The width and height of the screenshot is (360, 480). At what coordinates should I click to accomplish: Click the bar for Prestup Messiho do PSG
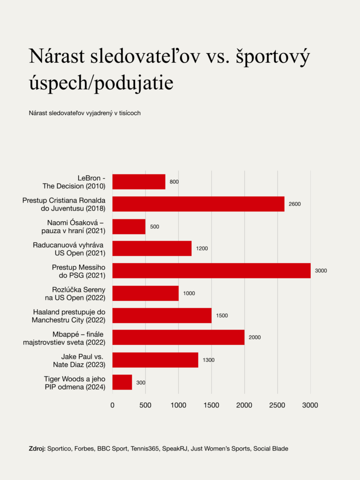click(x=211, y=270)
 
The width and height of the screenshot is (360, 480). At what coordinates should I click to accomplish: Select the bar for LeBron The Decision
click(x=139, y=182)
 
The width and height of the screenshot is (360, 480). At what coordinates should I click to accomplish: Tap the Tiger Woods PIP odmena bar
click(x=122, y=382)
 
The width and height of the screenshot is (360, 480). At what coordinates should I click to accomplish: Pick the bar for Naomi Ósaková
click(x=129, y=226)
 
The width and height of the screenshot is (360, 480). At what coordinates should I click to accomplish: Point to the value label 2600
click(x=294, y=204)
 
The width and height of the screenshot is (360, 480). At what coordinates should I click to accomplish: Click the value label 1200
click(x=202, y=248)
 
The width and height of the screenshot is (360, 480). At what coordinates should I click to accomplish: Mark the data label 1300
click(x=209, y=360)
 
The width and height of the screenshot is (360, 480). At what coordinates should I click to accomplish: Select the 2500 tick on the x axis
click(x=277, y=405)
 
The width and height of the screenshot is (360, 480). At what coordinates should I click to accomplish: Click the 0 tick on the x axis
click(x=112, y=405)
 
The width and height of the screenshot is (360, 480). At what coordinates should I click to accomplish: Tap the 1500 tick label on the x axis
click(x=211, y=405)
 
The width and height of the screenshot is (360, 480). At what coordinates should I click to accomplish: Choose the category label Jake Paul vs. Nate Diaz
click(x=82, y=360)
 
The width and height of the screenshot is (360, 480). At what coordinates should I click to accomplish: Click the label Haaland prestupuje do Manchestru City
click(x=69, y=315)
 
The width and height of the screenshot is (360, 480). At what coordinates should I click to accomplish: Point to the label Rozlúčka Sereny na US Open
click(x=78, y=293)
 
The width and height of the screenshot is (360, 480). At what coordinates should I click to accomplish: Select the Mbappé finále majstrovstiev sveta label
click(x=64, y=337)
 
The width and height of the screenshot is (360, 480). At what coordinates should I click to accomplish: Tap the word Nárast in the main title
click(x=57, y=57)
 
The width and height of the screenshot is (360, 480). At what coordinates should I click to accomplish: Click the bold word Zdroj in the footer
click(x=37, y=449)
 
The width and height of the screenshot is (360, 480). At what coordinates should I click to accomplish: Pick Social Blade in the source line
click(x=270, y=449)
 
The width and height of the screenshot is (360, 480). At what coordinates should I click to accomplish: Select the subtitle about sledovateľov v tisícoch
click(x=85, y=113)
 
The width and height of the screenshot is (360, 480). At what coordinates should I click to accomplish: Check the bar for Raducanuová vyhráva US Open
click(x=152, y=248)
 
